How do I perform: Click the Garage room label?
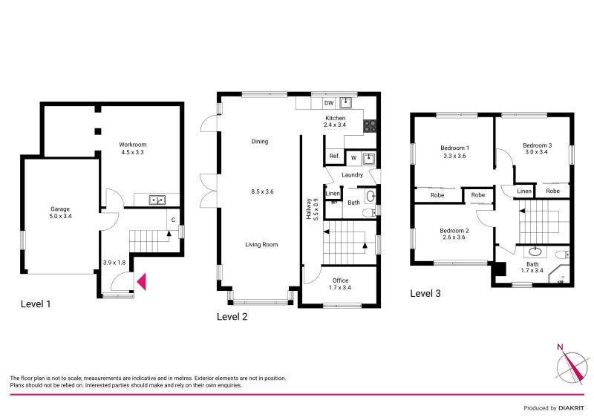(x=60, y=209)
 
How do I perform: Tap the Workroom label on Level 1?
(x=132, y=145)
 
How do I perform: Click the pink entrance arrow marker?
(x=142, y=282)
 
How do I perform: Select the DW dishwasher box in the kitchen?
(x=328, y=103)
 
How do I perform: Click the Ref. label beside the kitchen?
(x=334, y=156)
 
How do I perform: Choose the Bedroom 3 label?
(x=537, y=145)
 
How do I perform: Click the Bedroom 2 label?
(x=453, y=231)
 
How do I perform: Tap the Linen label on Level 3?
(x=524, y=191)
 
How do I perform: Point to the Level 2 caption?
(x=232, y=317)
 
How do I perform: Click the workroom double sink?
(x=157, y=199)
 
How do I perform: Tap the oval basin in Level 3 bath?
(x=534, y=252)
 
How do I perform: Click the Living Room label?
(x=262, y=244)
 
